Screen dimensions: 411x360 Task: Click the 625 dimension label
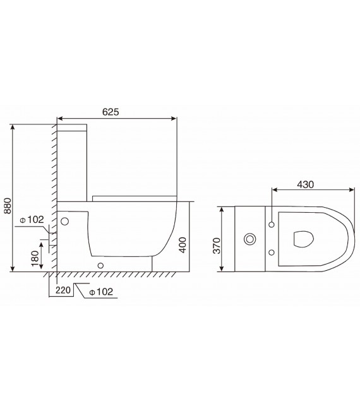pos(111,112)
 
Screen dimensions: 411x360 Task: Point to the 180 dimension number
pos(35,255)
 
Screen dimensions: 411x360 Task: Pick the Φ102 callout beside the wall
pos(32,220)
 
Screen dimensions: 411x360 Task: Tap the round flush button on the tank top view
pos(250,239)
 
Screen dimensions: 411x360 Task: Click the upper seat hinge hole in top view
pos(272,225)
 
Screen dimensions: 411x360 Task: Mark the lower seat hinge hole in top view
pos(272,253)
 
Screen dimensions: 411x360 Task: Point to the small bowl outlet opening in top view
pos(303,239)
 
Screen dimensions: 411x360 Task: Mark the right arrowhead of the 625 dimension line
pos(174,118)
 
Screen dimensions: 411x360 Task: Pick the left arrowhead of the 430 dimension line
pos(273,189)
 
